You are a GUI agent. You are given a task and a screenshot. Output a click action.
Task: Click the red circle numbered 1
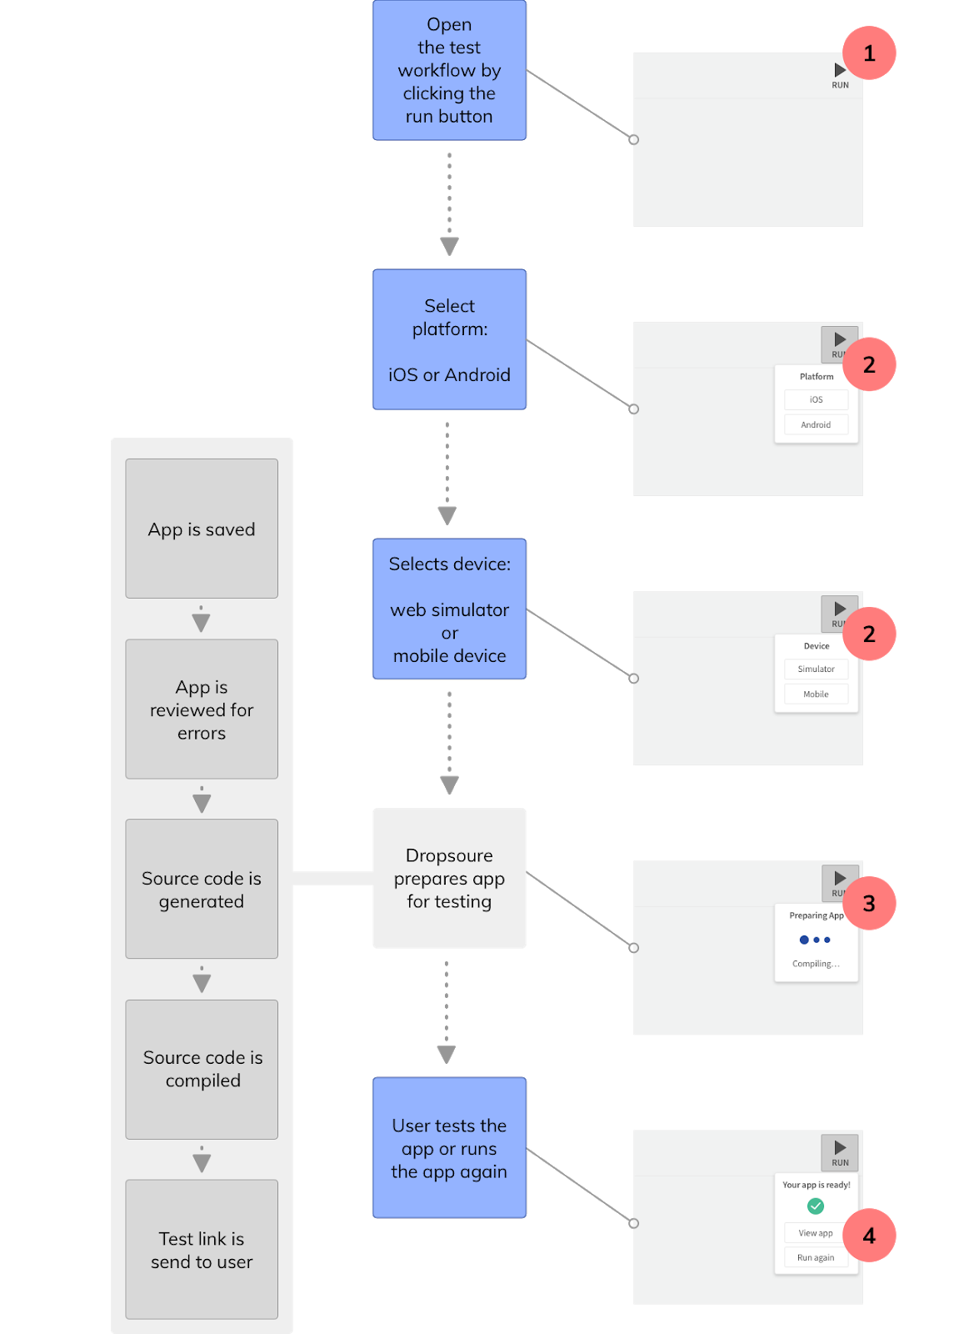pyautogui.click(x=869, y=53)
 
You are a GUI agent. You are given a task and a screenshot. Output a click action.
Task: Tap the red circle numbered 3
pyautogui.click(x=869, y=903)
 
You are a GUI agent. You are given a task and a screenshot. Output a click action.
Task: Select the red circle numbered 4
pyautogui.click(x=869, y=1235)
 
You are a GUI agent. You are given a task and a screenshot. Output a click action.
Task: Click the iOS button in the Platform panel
pyautogui.click(x=816, y=399)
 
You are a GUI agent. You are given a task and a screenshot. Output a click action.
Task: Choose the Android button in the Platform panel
pyautogui.click(x=816, y=424)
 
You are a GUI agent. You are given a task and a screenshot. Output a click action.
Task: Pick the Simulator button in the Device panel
pyautogui.click(x=816, y=669)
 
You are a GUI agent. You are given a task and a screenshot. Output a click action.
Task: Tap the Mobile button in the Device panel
pyautogui.click(x=816, y=694)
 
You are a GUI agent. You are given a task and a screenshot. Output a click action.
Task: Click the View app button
pyautogui.click(x=815, y=1233)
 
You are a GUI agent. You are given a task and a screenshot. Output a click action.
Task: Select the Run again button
pyautogui.click(x=815, y=1257)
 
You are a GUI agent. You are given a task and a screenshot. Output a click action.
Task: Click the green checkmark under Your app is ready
pyautogui.click(x=816, y=1206)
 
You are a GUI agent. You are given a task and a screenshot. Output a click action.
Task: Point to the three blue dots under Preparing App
pyautogui.click(x=815, y=940)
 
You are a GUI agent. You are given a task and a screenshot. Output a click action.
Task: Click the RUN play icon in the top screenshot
pyautogui.click(x=840, y=71)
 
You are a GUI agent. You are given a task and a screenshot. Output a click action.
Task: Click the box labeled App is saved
pyautogui.click(x=202, y=529)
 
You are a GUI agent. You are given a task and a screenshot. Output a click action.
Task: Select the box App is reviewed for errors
pyautogui.click(x=202, y=709)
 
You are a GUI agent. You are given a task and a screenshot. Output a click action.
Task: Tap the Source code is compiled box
pyautogui.click(x=202, y=1069)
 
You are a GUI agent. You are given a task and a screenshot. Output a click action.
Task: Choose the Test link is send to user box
pyautogui.click(x=202, y=1249)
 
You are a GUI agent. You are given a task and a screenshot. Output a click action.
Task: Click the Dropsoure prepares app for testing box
pyautogui.click(x=449, y=878)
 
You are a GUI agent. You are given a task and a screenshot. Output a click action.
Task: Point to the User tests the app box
pyautogui.click(x=449, y=1147)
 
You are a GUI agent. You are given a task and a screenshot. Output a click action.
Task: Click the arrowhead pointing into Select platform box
pyautogui.click(x=449, y=247)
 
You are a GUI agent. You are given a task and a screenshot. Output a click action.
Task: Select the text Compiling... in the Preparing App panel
pyautogui.click(x=815, y=964)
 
